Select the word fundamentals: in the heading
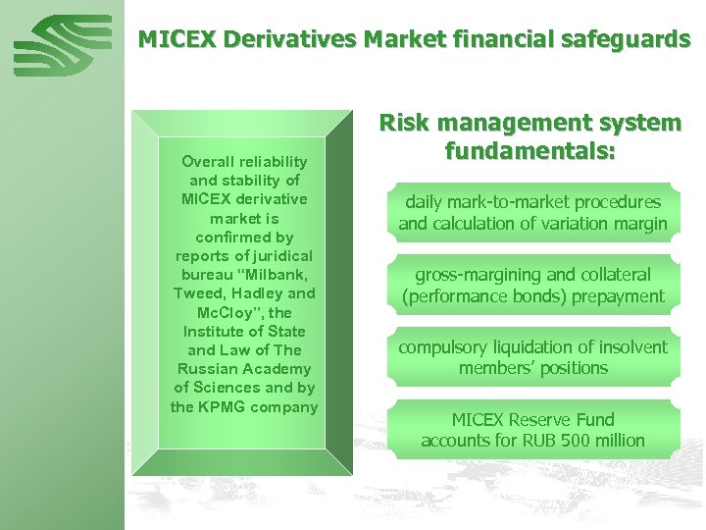530,152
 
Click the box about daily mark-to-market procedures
532,213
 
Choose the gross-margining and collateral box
532,286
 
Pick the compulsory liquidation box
532,357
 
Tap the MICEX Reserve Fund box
532,430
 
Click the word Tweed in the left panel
199,293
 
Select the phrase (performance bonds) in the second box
473,296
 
